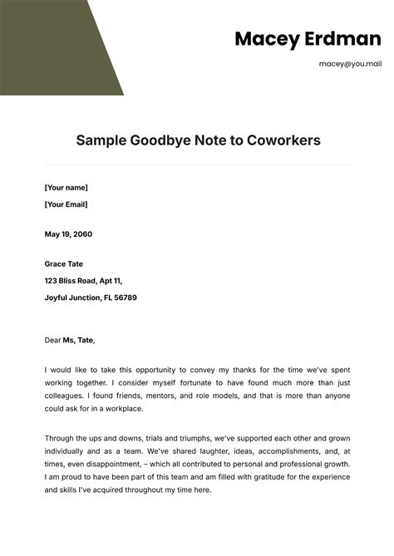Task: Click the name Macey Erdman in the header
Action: (289, 38)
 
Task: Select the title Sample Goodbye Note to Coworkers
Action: (198, 140)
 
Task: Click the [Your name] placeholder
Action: (66, 188)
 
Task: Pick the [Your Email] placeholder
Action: (66, 204)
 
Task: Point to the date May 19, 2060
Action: (68, 234)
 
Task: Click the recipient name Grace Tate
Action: (64, 264)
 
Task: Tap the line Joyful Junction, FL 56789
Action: (91, 297)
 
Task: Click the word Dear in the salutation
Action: (52, 340)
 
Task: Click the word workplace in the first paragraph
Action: (121, 409)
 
